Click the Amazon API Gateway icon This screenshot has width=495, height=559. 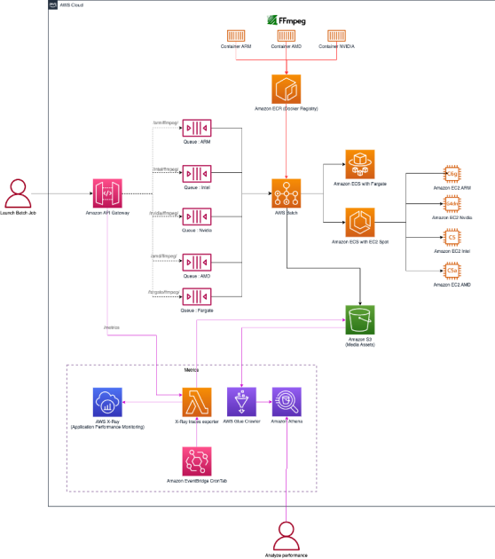(106, 193)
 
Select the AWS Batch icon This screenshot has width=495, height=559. (287, 193)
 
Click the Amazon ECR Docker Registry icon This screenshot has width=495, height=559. (287, 90)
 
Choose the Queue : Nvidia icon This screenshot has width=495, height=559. (195, 216)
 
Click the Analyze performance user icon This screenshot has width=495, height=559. (287, 535)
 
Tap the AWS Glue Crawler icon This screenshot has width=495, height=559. (241, 402)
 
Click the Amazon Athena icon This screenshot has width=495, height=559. (287, 402)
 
